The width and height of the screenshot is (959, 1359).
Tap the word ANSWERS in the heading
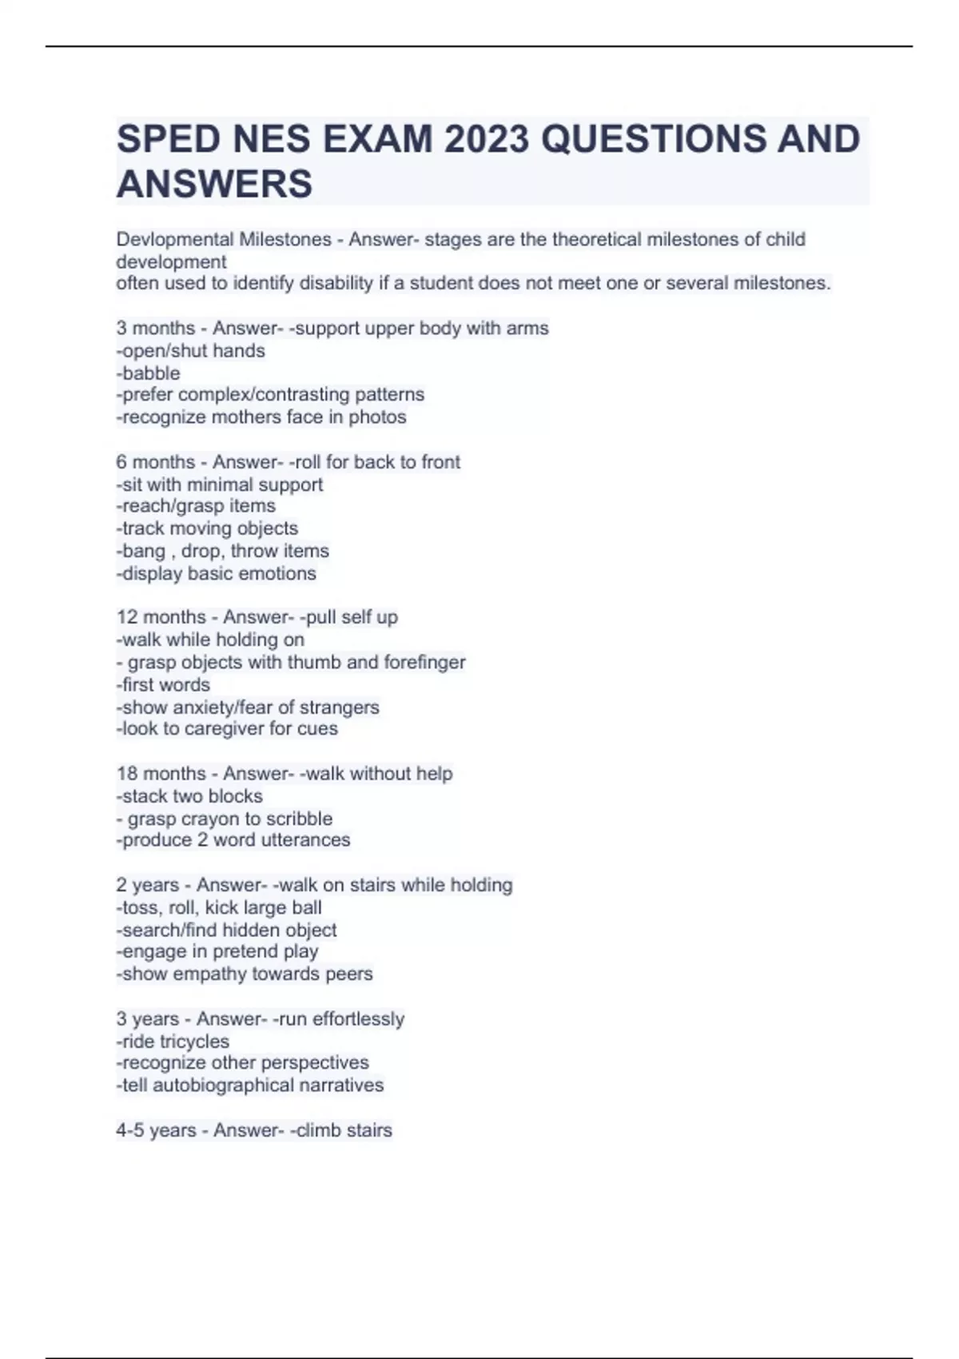tap(214, 184)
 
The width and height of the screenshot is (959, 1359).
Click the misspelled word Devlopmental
tap(173, 239)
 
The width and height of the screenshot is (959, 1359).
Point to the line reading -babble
tap(149, 373)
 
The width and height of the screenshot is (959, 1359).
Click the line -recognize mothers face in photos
tap(261, 416)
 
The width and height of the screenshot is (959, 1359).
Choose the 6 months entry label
tap(156, 461)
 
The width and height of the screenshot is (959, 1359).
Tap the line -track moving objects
tap(207, 528)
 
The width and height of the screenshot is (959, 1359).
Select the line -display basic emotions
tap(217, 573)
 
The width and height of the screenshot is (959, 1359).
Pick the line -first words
tap(164, 684)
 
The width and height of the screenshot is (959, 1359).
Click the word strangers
tap(340, 707)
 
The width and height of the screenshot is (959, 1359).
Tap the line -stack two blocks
tap(189, 795)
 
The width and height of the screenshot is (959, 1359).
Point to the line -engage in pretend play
tap(217, 951)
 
